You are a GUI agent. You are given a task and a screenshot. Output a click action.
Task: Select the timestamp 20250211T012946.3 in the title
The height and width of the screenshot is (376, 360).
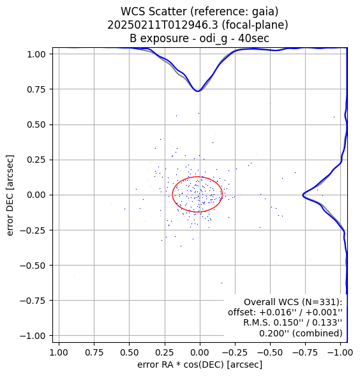pos(163,25)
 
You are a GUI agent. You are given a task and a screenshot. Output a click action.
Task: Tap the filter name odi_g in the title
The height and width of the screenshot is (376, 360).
pos(213,39)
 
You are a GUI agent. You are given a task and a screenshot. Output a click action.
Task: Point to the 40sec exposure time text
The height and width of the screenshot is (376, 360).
pos(253,38)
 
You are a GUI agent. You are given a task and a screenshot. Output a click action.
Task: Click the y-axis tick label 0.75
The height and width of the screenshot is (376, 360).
pos(36,89)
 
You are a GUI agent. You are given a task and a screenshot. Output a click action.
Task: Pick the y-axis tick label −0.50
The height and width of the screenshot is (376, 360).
pos(33,266)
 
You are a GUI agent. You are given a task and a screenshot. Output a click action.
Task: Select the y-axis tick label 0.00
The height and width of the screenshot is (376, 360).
pos(36,195)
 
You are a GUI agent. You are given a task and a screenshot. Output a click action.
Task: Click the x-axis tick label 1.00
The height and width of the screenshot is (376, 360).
pos(59,352)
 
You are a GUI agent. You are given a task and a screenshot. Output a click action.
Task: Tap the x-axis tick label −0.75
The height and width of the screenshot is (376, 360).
pos(305,352)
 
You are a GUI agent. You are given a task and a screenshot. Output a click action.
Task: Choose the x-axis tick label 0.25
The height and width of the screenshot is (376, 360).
pos(165,352)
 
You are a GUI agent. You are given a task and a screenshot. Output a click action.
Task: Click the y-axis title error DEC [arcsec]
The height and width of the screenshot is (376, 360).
pos(10,195)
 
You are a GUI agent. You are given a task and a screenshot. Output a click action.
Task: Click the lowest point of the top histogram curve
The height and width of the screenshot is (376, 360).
pos(198,91)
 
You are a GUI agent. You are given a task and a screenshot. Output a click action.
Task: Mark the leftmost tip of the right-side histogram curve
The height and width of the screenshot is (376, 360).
pos(303,195)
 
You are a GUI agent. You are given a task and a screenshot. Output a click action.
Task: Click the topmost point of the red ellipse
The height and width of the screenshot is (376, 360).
pos(198,177)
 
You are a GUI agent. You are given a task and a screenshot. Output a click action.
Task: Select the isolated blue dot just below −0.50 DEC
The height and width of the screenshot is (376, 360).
pos(221,283)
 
